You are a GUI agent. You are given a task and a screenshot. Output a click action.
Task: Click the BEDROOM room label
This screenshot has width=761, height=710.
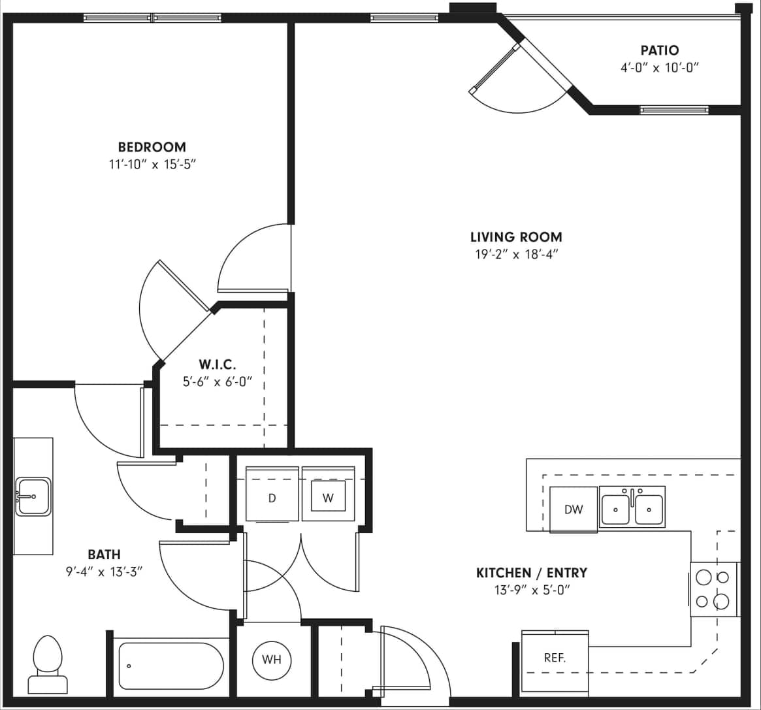point(152,147)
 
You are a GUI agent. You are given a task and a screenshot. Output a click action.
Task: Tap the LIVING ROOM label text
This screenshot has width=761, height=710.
point(516,237)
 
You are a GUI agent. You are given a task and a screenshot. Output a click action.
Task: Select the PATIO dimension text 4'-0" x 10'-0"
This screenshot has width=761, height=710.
point(659,67)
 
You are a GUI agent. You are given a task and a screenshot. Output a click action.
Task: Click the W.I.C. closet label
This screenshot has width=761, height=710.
point(218,364)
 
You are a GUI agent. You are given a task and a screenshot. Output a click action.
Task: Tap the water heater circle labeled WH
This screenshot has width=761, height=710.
point(272,659)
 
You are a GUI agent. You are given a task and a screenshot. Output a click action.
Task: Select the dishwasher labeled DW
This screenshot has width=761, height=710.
point(574,509)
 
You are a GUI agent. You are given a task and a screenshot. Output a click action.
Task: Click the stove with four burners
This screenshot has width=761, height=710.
point(715,589)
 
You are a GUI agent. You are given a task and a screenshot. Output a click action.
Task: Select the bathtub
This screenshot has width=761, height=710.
point(170,666)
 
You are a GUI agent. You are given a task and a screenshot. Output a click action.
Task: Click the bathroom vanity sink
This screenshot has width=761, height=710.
point(33,496)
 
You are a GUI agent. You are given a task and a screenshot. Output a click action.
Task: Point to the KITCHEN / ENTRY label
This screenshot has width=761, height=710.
point(531,573)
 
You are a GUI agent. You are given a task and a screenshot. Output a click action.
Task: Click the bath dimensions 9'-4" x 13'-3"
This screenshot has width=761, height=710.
point(104,572)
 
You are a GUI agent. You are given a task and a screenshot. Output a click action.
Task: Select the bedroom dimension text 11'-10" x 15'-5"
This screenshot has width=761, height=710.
point(152,165)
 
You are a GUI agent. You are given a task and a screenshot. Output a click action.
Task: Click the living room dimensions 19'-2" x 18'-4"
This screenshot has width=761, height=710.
point(516,255)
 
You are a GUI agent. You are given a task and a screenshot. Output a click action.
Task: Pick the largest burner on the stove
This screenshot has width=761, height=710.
point(721,601)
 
